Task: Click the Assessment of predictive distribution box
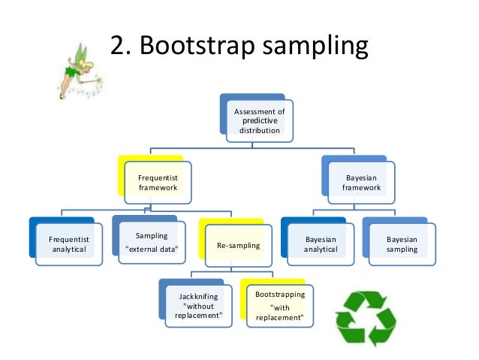click(x=260, y=120)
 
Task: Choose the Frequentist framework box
click(x=158, y=182)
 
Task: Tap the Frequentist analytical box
click(x=68, y=244)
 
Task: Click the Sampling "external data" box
click(x=152, y=243)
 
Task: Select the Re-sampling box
click(x=238, y=245)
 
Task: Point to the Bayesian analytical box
click(x=321, y=244)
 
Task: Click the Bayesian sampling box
click(x=402, y=244)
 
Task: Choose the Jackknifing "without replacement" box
click(x=199, y=305)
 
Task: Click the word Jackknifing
click(x=199, y=296)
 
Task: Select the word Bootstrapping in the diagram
click(x=280, y=294)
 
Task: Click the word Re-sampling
click(x=238, y=245)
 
